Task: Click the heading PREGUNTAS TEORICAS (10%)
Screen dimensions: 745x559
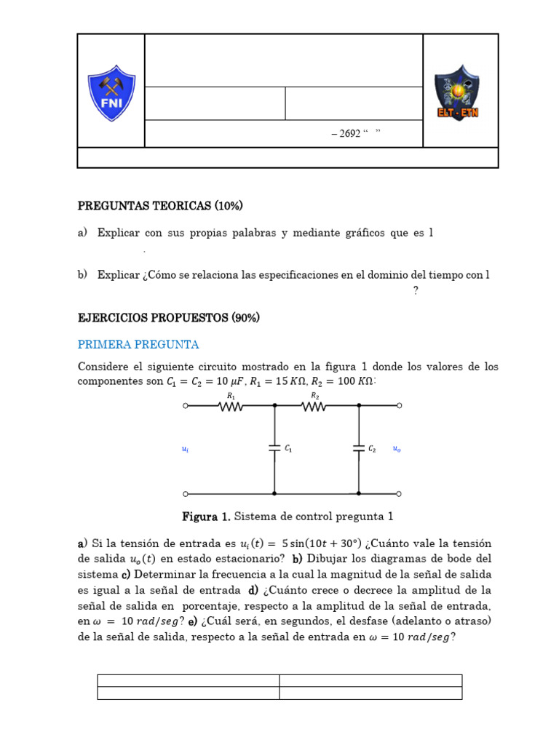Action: click(x=160, y=206)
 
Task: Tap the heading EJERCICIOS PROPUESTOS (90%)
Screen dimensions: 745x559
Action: click(x=169, y=318)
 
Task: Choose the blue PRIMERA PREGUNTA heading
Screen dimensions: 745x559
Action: click(x=138, y=344)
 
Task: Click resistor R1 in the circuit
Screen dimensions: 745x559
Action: click(x=230, y=406)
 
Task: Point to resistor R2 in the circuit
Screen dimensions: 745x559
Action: click(x=315, y=406)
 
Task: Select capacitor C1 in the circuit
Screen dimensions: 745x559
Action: click(x=275, y=449)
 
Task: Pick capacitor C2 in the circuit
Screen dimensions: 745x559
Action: click(x=359, y=449)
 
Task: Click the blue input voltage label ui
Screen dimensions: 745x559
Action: click(x=185, y=450)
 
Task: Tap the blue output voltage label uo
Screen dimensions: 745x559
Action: click(x=397, y=450)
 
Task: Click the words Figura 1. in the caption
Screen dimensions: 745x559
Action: click(x=206, y=517)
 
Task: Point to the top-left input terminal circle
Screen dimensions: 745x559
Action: click(x=186, y=406)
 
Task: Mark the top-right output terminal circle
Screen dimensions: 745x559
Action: click(x=399, y=406)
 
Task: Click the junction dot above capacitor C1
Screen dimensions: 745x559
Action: click(x=274, y=406)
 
